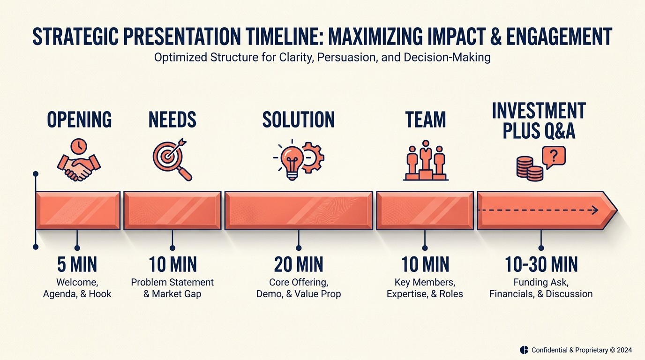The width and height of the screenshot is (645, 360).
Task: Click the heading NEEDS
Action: [x=172, y=120]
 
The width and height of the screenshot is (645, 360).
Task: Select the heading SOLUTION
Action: [x=299, y=120]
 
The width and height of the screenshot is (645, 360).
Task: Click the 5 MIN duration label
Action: [x=77, y=265]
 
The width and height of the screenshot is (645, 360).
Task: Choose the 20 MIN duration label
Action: [x=299, y=265]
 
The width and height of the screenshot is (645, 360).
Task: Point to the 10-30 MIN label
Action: [x=541, y=265]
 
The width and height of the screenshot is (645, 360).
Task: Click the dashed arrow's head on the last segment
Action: [x=595, y=210]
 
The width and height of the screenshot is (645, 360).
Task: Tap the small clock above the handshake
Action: [x=78, y=146]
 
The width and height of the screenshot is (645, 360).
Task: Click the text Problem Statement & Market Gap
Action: [x=172, y=288]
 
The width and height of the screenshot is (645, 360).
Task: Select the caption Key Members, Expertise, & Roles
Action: [x=425, y=288]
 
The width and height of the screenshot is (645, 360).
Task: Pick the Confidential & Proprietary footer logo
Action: [x=524, y=350]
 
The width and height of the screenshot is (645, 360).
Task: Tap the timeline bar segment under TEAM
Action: [x=425, y=210]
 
